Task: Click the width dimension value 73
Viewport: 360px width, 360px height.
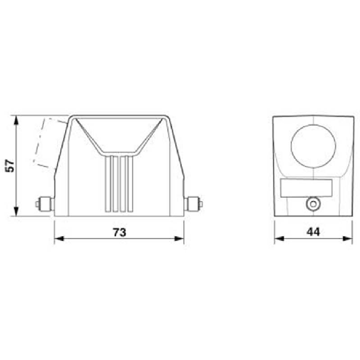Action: [x=120, y=232]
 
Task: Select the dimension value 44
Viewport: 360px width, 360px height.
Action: [x=312, y=232]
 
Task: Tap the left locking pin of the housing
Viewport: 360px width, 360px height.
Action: [x=44, y=204]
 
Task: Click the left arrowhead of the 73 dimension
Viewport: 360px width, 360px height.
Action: [x=58, y=239]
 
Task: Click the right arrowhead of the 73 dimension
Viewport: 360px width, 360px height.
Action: [x=180, y=239]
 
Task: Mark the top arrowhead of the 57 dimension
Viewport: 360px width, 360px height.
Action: [x=18, y=118]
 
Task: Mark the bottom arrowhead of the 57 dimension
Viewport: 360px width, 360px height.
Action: [x=18, y=212]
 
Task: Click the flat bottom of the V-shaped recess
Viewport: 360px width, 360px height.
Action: [x=119, y=153]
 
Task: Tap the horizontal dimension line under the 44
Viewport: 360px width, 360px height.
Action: [x=294, y=239]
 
